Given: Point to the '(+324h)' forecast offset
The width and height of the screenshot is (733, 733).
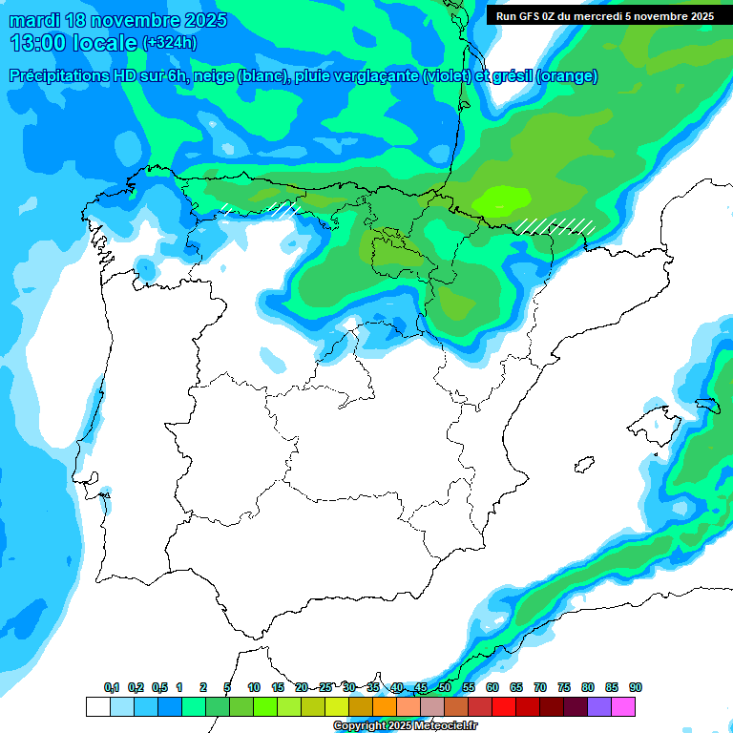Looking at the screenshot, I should [x=169, y=43].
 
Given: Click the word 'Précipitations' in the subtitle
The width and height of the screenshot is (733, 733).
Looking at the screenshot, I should [x=61, y=76].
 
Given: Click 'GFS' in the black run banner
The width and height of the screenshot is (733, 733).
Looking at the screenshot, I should [x=534, y=16].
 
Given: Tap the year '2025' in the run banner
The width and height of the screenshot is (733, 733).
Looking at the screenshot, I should [x=697, y=16].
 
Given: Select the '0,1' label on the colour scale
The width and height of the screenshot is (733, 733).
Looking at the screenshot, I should [x=112, y=688].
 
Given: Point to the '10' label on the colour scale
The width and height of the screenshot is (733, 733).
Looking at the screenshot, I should [x=254, y=688].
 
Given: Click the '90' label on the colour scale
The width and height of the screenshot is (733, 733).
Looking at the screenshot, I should [x=636, y=688].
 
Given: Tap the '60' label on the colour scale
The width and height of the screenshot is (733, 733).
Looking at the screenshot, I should [x=492, y=688].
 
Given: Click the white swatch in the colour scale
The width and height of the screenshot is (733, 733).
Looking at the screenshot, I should [x=97, y=706].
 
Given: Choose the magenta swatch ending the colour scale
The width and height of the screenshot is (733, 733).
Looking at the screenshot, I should [x=623, y=706].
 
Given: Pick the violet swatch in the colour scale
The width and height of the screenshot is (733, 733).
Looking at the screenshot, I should [x=599, y=706].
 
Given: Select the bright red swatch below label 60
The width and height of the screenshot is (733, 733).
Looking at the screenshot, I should [x=504, y=706].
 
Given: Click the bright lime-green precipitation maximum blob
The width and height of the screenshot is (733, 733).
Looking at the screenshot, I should [x=503, y=200].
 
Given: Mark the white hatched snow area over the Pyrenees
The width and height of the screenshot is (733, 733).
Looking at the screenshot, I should [x=556, y=226].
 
